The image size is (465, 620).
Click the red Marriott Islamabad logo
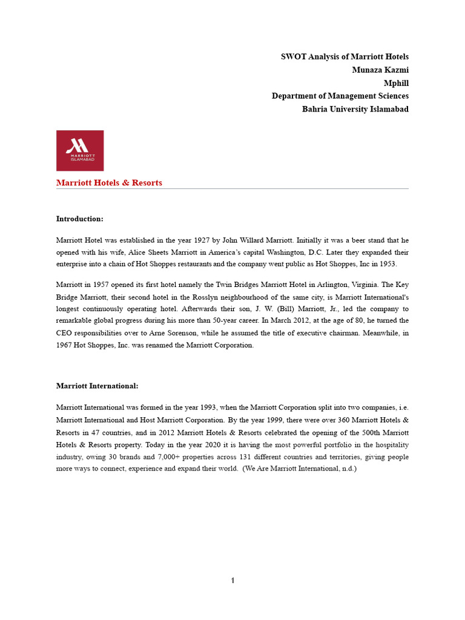pos(80,150)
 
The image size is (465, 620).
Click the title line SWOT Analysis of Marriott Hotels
pos(345,56)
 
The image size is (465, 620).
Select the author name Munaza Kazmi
pos(380,70)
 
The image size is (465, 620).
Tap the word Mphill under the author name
pos(396,83)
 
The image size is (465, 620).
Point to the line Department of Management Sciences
pos(340,96)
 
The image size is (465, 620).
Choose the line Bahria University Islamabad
pos(355,109)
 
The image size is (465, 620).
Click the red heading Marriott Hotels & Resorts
pos(109,183)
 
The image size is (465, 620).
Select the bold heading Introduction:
pos(80,219)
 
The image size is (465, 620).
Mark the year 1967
pos(65,345)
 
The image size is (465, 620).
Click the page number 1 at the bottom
pos(232,581)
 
